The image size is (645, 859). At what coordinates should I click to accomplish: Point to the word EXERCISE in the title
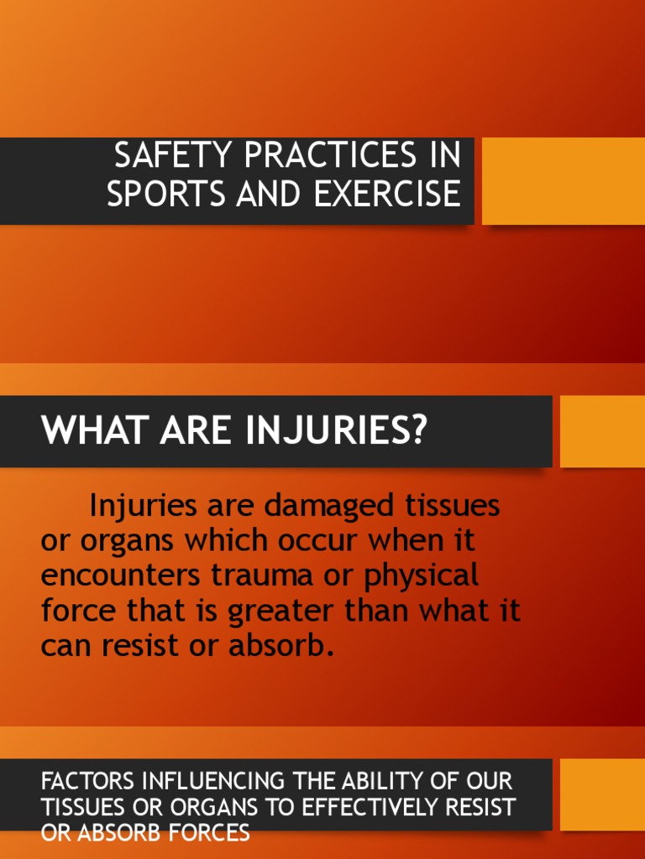(387, 193)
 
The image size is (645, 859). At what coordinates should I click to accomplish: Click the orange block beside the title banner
(563, 180)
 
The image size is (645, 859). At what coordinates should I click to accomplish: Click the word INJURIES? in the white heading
(337, 431)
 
